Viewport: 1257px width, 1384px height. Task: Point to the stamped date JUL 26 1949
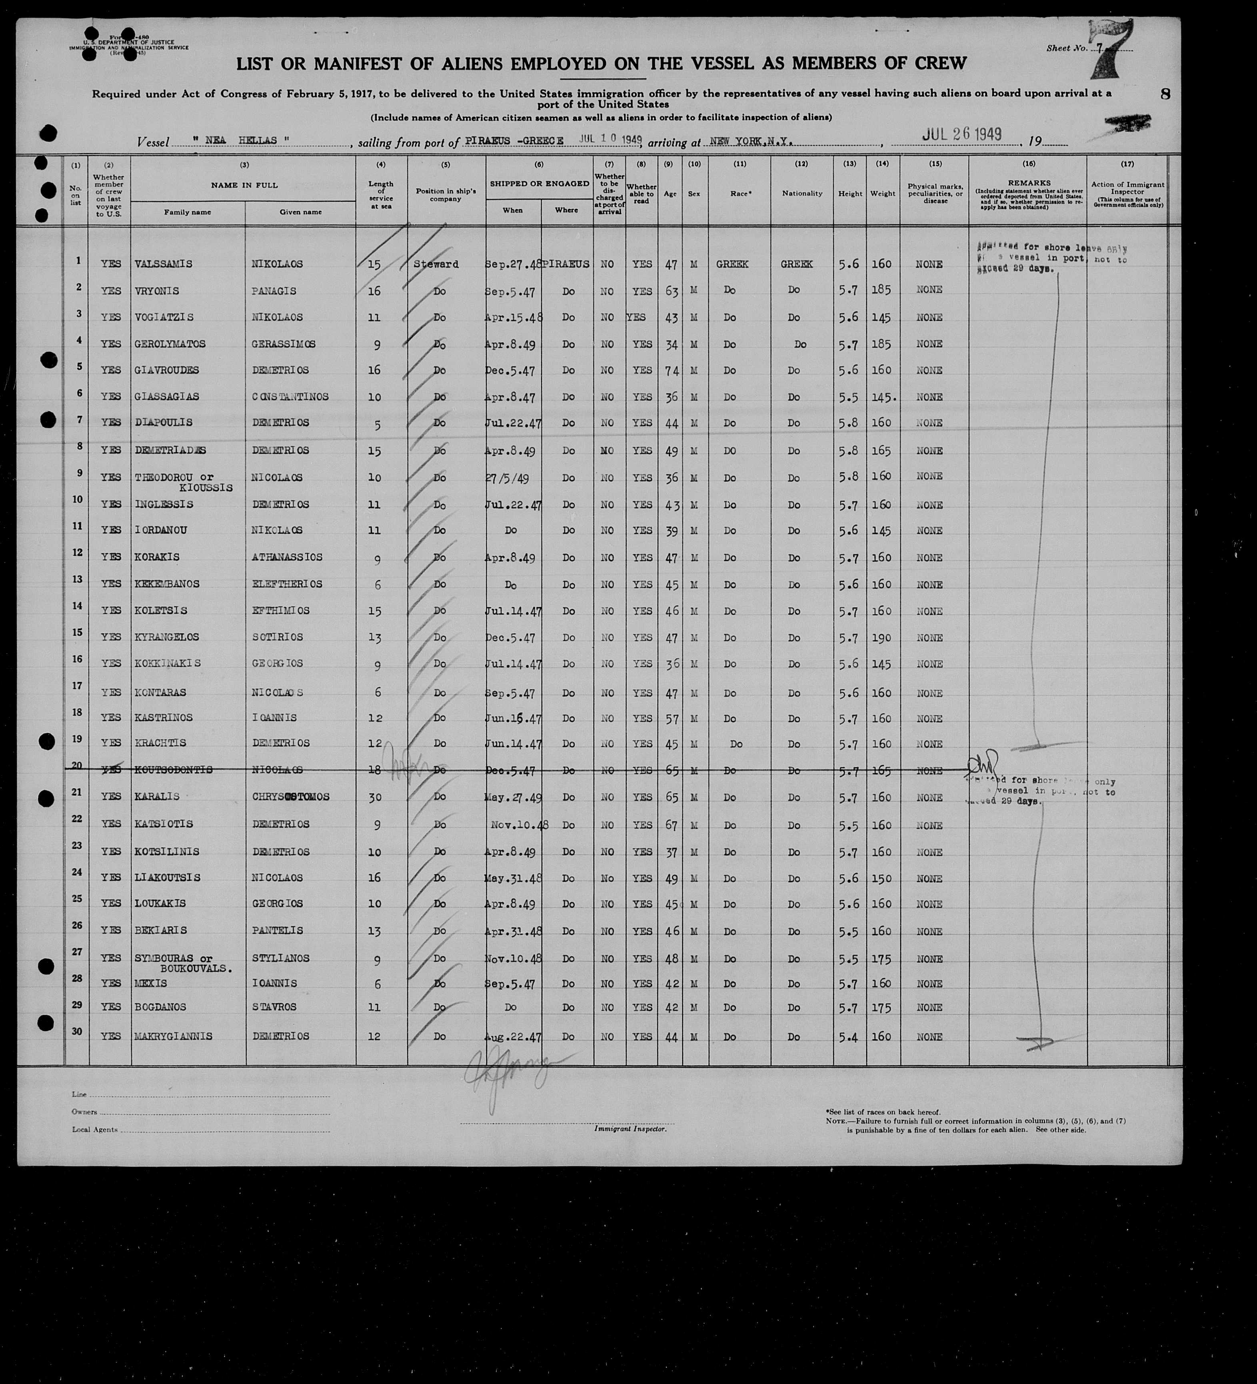961,134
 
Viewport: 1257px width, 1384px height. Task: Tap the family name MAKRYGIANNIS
173,1037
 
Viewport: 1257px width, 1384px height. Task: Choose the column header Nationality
802,194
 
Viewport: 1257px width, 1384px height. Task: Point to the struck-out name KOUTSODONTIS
173,770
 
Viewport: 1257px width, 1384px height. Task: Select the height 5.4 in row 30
849,1037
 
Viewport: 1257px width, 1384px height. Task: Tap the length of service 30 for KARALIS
374,797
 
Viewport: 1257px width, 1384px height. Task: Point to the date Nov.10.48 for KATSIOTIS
519,824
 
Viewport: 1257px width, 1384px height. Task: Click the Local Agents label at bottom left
95,1129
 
